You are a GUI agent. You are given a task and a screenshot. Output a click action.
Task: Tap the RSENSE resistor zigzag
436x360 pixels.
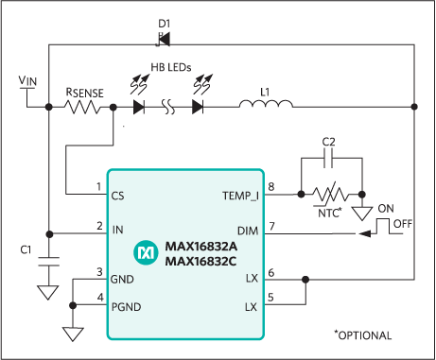[x=88, y=107]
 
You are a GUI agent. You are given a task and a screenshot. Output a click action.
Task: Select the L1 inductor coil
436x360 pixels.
[x=257, y=107]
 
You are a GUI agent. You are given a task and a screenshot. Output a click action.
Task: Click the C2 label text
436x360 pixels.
[x=328, y=143]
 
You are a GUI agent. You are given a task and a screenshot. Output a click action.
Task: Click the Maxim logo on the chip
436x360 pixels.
[x=146, y=252]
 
